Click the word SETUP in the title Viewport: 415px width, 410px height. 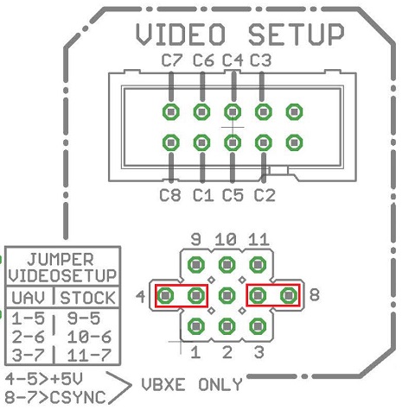[x=295, y=35]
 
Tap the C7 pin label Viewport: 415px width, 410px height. [x=172, y=60]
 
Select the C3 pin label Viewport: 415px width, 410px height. [x=260, y=60]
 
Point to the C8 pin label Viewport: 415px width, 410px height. [x=170, y=195]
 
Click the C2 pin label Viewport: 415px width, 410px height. [x=265, y=195]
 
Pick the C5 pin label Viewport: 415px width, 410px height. [x=233, y=195]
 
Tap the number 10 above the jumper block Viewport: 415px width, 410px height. [x=227, y=239]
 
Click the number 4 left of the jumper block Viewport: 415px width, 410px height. [x=141, y=297]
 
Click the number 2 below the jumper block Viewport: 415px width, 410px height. [x=227, y=352]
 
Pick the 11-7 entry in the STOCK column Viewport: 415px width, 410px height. [x=87, y=355]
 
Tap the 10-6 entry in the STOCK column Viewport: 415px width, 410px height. [x=87, y=337]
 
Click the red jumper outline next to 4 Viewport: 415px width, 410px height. [x=182, y=296]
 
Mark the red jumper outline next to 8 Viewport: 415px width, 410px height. [x=273, y=296]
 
